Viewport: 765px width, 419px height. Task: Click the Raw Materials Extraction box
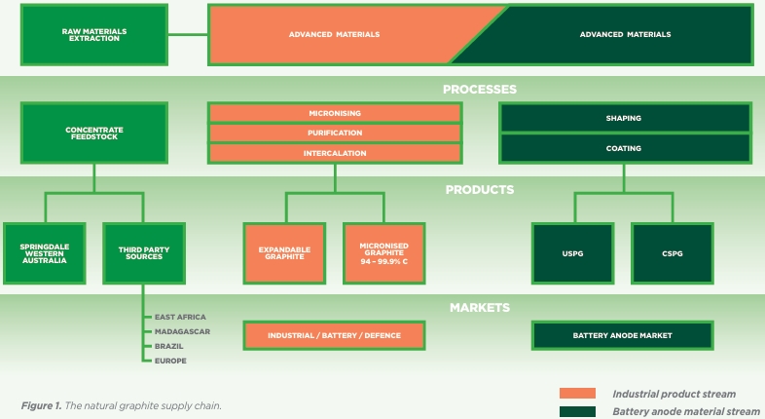94,35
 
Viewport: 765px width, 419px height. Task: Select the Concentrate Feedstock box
94,133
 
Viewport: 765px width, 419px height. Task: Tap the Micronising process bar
335,113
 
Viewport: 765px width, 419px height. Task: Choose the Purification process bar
335,133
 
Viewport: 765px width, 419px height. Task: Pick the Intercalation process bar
335,153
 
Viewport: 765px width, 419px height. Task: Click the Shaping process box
625,118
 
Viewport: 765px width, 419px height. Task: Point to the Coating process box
625,148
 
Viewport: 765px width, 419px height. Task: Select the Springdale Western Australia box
45,253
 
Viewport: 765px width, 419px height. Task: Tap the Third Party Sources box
144,253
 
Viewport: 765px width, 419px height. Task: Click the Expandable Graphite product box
284,253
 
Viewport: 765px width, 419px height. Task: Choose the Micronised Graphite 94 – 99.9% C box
384,253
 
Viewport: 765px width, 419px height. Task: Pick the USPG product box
572,253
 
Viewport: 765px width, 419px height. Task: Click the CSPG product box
673,253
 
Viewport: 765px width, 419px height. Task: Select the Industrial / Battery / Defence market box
334,335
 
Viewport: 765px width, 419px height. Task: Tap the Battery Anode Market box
623,335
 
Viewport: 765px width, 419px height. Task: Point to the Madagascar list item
182,331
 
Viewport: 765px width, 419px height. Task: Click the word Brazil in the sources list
168,346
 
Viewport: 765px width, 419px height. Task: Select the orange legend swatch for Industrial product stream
578,393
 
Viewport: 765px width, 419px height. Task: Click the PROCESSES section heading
480,90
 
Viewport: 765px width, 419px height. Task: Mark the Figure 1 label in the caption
41,405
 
